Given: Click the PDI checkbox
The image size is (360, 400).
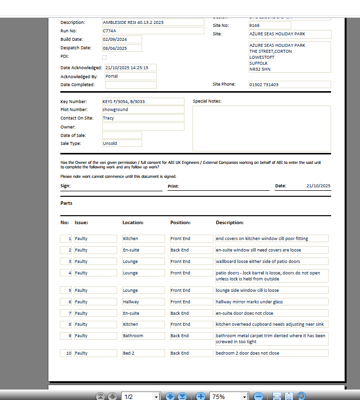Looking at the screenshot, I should [104, 57].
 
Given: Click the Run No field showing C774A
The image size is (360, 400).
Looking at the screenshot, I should [153, 31].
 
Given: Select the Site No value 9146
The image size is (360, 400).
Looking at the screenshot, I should [269, 25].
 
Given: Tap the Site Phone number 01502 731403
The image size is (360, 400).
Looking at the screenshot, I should [289, 85].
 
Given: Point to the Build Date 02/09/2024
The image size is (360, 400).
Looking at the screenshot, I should [122, 39].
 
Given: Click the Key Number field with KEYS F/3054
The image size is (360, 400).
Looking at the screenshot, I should [143, 102].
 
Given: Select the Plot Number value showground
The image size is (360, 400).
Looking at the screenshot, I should [143, 110].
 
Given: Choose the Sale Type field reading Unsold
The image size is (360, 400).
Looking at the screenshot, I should [122, 143].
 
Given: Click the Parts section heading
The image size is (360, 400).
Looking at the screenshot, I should [66, 203].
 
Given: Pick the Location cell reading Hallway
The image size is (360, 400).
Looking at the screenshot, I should [143, 302].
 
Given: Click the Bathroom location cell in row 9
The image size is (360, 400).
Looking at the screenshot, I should [143, 336].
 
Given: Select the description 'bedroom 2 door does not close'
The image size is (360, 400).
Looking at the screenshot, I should [271, 353].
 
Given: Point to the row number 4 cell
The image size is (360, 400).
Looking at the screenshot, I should [66, 273].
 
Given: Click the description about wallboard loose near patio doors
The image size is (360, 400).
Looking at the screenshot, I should [271, 262].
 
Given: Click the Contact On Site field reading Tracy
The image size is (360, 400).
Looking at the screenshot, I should [143, 118].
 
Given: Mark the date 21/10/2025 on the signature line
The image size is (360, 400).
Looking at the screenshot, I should [318, 186].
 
